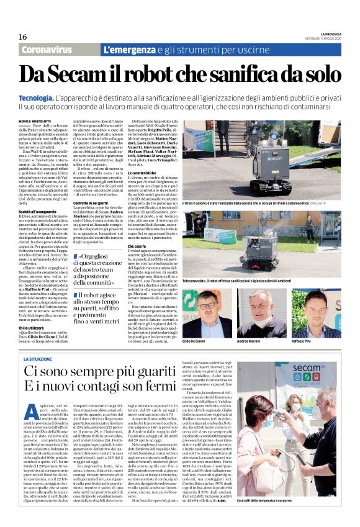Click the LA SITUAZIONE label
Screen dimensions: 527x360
coord(38,359)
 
